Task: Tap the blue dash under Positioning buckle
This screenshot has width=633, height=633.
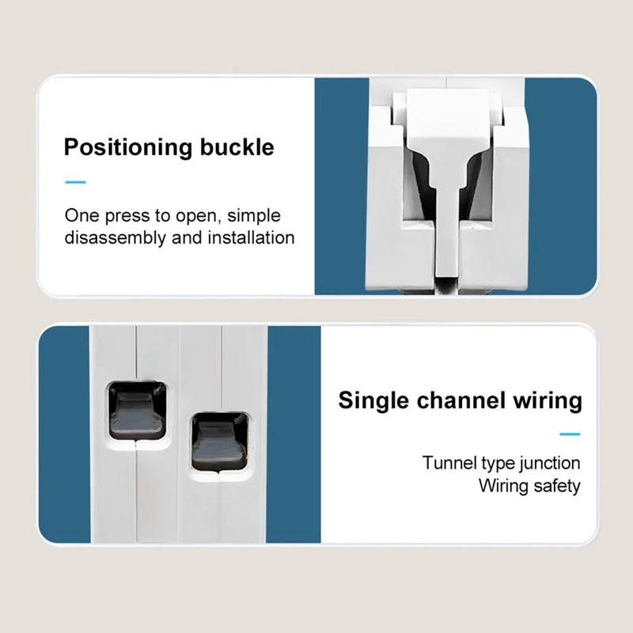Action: click(x=75, y=182)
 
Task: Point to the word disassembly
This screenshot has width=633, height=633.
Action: click(x=116, y=237)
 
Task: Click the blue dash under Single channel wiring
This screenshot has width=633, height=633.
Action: click(x=570, y=434)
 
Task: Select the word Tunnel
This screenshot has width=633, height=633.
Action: click(x=448, y=463)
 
